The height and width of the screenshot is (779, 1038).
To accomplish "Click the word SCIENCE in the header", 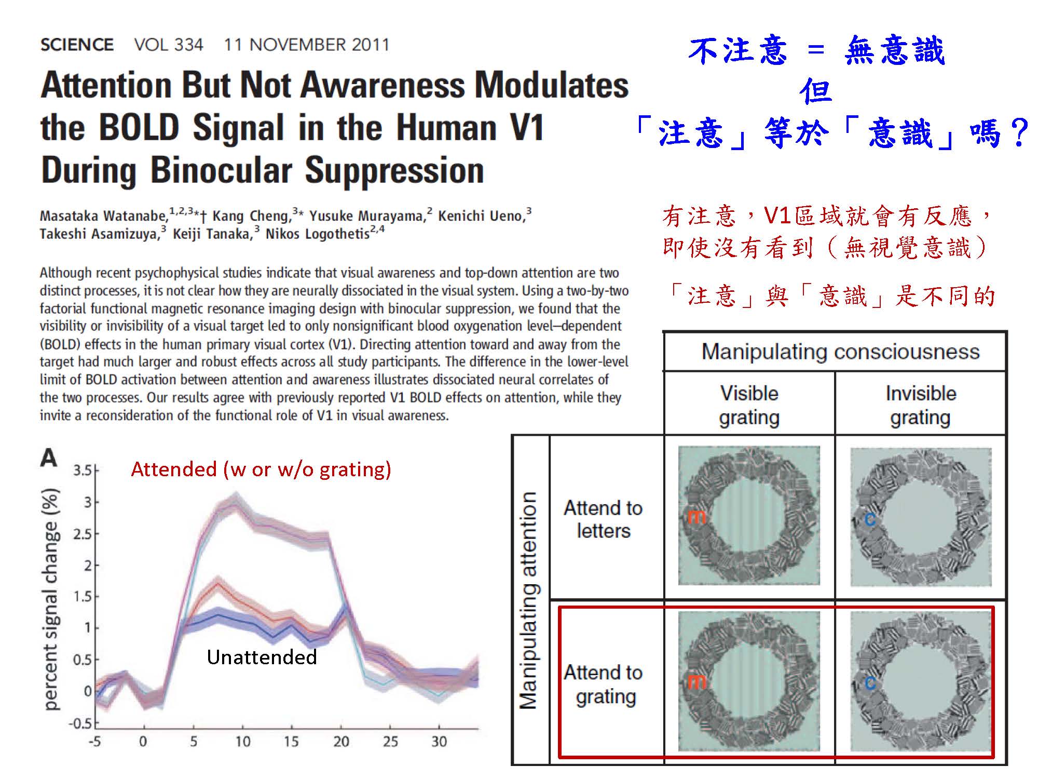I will click(77, 45).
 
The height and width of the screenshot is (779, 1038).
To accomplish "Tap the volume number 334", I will click(188, 45).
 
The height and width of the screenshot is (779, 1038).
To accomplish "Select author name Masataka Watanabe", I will click(104, 216).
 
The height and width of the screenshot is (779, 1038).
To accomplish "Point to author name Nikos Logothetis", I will click(317, 234).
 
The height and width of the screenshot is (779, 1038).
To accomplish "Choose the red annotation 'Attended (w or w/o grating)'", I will click(261, 469).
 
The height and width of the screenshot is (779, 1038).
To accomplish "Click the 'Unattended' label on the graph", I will click(262, 657).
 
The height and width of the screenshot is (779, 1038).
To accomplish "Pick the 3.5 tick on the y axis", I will click(83, 471).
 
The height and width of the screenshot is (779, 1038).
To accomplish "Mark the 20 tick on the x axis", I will click(341, 742).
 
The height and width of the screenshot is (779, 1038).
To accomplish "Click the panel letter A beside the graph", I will click(49, 458).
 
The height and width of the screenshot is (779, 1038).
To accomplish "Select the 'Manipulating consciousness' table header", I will click(840, 352).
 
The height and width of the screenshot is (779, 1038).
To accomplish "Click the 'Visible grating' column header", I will click(749, 405).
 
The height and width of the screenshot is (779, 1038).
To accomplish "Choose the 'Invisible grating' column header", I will click(921, 405).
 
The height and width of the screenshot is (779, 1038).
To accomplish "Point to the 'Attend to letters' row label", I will click(603, 519).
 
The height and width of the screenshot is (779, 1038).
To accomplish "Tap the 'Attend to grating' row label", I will click(604, 684).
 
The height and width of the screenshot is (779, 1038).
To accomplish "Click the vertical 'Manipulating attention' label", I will click(529, 600).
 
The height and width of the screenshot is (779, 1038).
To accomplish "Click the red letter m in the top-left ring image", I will click(696, 517).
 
